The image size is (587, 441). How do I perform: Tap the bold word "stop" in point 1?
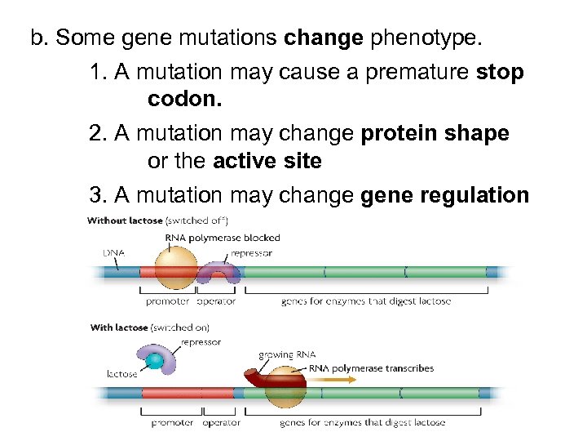(x=501, y=73)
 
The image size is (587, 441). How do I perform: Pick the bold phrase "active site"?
(x=267, y=161)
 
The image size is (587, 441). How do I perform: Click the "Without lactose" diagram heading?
(x=125, y=220)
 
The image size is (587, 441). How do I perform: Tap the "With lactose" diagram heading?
(x=119, y=327)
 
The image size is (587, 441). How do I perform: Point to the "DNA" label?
(x=113, y=252)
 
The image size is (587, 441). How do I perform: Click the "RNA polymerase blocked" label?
(x=223, y=238)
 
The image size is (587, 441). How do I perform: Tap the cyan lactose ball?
(x=153, y=360)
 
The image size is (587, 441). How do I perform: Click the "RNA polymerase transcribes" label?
(x=371, y=368)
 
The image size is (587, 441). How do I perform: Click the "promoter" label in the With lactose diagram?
(x=172, y=422)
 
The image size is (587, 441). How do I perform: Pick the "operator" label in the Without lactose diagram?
(x=216, y=301)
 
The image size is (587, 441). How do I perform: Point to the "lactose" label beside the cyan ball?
(x=122, y=374)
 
